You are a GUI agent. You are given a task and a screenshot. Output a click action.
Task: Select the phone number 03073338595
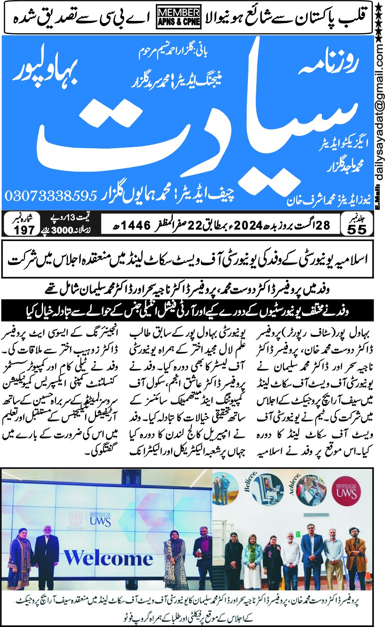(x=51, y=195)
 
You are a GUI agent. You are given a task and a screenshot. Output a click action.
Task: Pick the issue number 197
(x=24, y=230)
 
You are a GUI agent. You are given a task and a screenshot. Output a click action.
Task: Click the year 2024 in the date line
(x=248, y=225)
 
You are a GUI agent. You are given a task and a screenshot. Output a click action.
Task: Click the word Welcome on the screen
(x=108, y=557)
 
